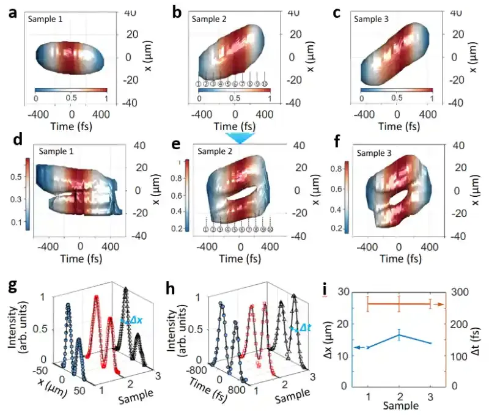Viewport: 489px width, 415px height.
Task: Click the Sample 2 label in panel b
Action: pos(209,20)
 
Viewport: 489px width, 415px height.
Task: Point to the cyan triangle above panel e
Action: pos(238,138)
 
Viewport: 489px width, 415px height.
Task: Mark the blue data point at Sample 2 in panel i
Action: pos(399,334)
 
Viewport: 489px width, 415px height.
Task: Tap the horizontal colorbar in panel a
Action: pos(71,90)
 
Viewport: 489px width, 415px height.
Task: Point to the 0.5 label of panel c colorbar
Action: pos(397,98)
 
